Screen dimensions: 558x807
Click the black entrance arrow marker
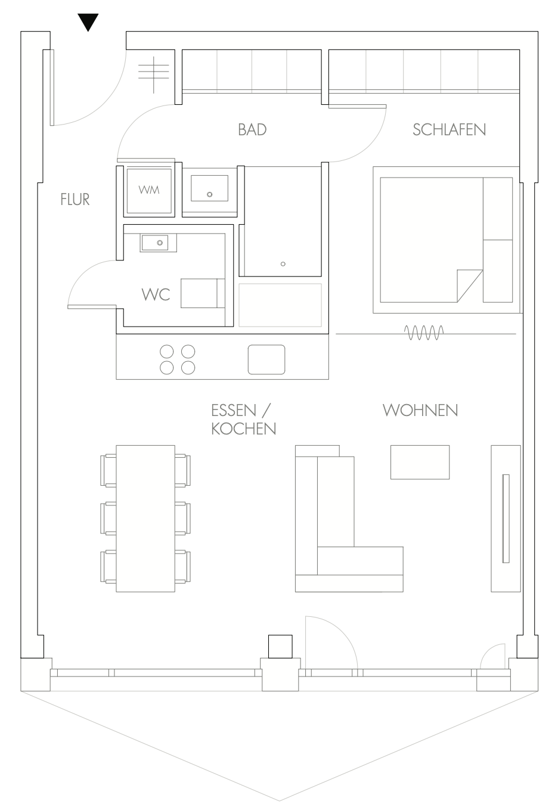[88, 22]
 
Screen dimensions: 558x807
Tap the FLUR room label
[75, 199]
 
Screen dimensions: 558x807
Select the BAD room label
[252, 130]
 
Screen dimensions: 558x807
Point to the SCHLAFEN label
[449, 130]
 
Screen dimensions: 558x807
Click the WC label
[156, 294]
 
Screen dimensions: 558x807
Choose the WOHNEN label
[420, 410]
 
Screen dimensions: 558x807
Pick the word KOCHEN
[244, 429]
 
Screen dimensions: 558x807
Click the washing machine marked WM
[149, 191]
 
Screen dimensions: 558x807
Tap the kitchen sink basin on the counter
[266, 359]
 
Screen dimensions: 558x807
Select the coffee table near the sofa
[420, 463]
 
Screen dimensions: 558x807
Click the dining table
[145, 519]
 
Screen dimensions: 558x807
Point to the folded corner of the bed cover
[469, 285]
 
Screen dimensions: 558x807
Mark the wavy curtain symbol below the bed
[424, 333]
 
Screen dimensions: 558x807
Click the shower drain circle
[283, 264]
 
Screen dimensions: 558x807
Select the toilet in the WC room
[203, 293]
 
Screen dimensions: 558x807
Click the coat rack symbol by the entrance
[154, 75]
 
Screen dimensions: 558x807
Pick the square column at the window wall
[280, 647]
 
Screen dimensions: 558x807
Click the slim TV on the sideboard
[506, 519]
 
